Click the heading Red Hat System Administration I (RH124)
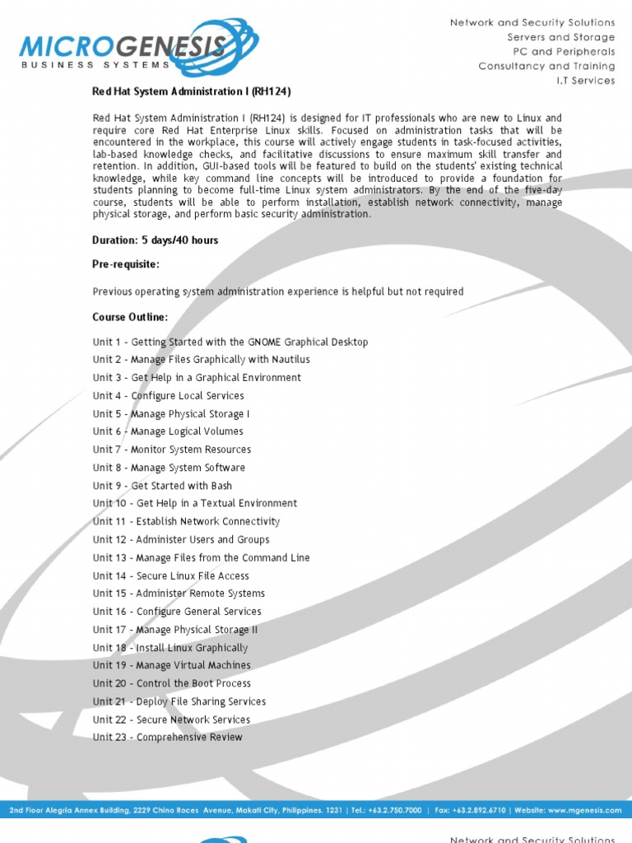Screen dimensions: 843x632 [192, 91]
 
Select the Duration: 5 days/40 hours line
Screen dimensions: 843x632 [156, 240]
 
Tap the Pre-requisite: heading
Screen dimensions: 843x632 [126, 264]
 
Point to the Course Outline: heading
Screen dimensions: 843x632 [130, 317]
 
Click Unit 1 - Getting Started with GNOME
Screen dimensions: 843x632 [230, 342]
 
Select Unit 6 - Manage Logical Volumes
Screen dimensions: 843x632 [168, 431]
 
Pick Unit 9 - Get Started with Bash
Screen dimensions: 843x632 [162, 486]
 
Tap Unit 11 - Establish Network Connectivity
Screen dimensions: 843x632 [186, 521]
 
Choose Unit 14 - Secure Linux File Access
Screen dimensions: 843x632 [170, 575]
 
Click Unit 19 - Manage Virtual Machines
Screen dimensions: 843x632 [171, 665]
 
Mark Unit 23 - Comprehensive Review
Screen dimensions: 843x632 [167, 737]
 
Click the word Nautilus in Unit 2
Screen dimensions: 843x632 [290, 360]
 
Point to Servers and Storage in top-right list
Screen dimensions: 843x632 [560, 37]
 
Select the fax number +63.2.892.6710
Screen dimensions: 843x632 [477, 810]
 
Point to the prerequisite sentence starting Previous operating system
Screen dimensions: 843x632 [278, 291]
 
